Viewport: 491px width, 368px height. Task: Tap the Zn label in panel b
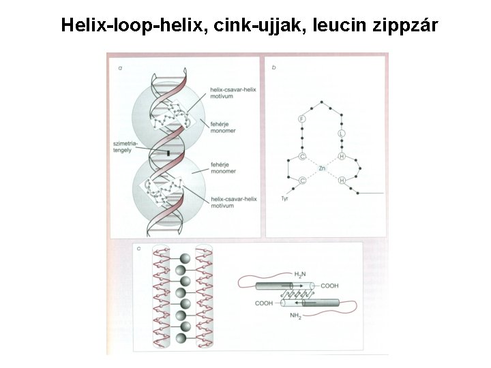pyautogui.click(x=322, y=167)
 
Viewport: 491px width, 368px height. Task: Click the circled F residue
pyautogui.click(x=302, y=119)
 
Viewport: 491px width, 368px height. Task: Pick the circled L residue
pyautogui.click(x=342, y=133)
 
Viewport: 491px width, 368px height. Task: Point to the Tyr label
pyautogui.click(x=286, y=198)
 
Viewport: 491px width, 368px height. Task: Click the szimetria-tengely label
pyautogui.click(x=129, y=147)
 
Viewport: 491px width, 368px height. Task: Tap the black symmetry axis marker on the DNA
pyautogui.click(x=168, y=155)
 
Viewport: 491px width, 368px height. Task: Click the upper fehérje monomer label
pyautogui.click(x=223, y=125)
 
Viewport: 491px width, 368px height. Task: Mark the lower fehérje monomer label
pyautogui.click(x=223, y=168)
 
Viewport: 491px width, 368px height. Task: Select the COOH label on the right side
pyautogui.click(x=329, y=286)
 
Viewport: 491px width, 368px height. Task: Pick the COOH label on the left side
pyautogui.click(x=265, y=303)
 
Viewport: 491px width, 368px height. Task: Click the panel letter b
pyautogui.click(x=273, y=67)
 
